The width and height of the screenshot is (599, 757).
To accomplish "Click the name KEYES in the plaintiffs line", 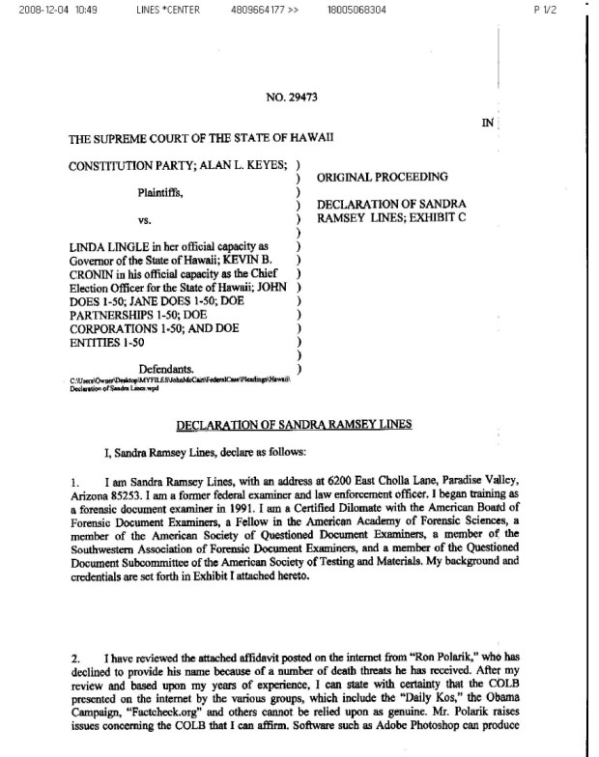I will click(x=259, y=165).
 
